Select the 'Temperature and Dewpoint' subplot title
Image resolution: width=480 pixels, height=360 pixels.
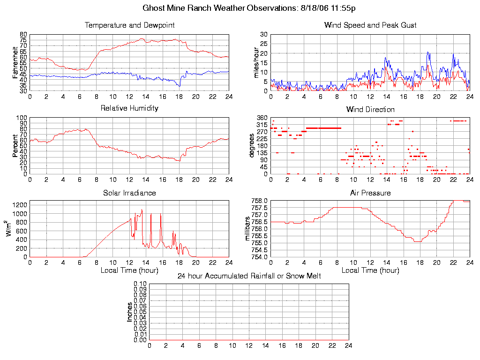pos(129,25)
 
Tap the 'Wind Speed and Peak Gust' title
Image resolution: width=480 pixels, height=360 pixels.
pos(370,25)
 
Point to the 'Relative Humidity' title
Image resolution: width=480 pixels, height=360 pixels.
pos(129,108)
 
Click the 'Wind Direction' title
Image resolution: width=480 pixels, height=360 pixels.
pos(370,109)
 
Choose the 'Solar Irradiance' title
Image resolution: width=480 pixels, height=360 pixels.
pos(129,193)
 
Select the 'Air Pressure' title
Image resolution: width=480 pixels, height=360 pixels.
pos(370,193)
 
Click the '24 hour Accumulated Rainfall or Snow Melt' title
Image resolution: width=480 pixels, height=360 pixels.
pos(249,276)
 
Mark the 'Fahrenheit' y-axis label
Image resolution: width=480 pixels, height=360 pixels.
pos(15,62)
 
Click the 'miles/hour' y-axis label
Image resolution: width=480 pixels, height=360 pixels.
pos(256,62)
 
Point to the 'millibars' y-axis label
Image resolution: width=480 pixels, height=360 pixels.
pos(248,229)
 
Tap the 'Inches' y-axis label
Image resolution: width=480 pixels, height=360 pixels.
pos(130,312)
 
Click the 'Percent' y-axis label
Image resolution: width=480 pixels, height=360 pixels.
pos(15,146)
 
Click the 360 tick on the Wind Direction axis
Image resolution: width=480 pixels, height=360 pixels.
pos(262,118)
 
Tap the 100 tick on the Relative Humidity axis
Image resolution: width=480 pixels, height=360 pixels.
pos(22,118)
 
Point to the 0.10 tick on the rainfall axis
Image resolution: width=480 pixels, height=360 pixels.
pos(140,284)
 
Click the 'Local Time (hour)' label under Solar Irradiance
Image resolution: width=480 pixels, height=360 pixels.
pos(129,270)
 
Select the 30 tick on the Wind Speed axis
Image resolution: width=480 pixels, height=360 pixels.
pos(263,35)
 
